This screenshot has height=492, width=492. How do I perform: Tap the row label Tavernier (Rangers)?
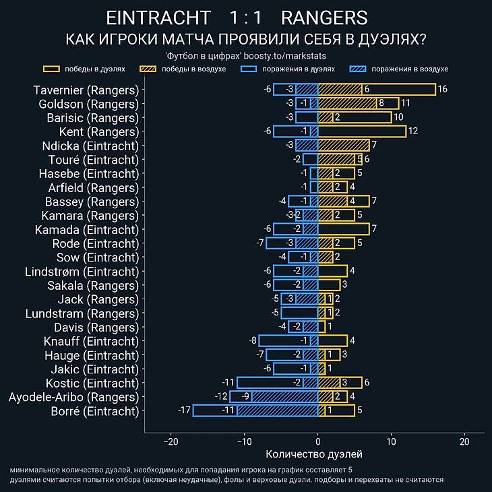[x=86, y=90]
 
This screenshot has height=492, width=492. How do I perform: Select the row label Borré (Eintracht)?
[x=94, y=410]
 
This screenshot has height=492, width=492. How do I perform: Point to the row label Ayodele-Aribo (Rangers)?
[x=73, y=396]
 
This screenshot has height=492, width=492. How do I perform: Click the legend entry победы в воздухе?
[x=181, y=69]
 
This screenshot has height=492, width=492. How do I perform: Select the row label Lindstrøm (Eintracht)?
[x=82, y=271]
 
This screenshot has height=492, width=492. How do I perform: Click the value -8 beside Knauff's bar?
[x=253, y=340]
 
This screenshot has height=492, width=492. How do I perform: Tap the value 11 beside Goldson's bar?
[x=405, y=104]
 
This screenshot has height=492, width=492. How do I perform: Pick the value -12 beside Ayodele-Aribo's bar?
[x=221, y=396]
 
